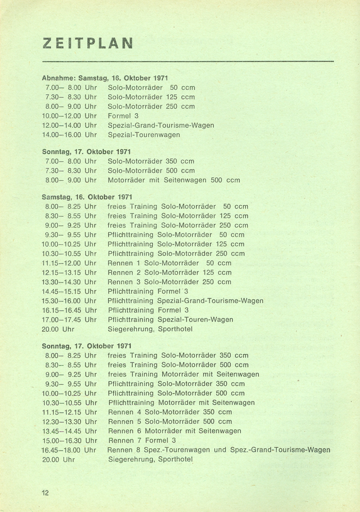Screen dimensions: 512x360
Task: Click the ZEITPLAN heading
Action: (x=88, y=43)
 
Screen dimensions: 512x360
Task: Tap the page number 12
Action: (x=45, y=493)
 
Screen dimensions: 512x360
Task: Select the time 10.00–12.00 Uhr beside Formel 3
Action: (x=69, y=116)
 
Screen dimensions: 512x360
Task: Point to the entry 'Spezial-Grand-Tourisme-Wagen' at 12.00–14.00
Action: (x=161, y=125)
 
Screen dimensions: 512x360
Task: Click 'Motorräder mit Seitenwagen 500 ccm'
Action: (x=174, y=180)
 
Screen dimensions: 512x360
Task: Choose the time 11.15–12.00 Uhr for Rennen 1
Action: (x=69, y=263)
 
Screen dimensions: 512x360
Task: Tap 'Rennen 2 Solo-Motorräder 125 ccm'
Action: (x=169, y=273)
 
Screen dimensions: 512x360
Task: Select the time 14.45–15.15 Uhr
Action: (x=69, y=291)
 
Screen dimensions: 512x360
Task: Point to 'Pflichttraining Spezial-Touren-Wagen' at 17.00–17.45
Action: (x=170, y=320)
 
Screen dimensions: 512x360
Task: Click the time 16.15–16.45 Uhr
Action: (x=69, y=310)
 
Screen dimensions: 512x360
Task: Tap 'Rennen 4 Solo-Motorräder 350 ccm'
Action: (x=170, y=412)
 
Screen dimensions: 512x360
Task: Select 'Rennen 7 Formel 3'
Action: (x=142, y=440)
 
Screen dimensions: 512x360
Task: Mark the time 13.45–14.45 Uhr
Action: (x=69, y=431)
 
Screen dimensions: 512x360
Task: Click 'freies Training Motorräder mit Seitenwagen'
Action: (x=184, y=374)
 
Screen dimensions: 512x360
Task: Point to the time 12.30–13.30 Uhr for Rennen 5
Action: (x=69, y=422)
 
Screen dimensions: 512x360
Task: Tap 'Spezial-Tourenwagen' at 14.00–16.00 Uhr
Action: (x=144, y=135)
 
